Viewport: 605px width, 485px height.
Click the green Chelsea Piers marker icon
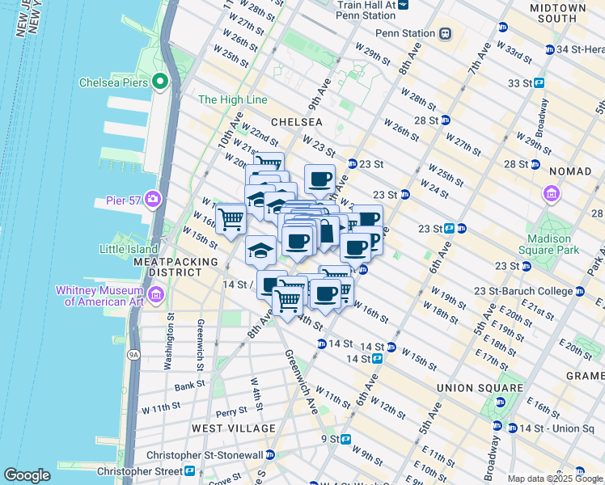160,82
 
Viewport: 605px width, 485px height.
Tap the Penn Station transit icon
445,34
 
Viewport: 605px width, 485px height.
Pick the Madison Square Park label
554,244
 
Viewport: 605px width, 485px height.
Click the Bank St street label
188,386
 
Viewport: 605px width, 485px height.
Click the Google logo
27,475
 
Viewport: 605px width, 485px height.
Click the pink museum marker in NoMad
552,193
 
